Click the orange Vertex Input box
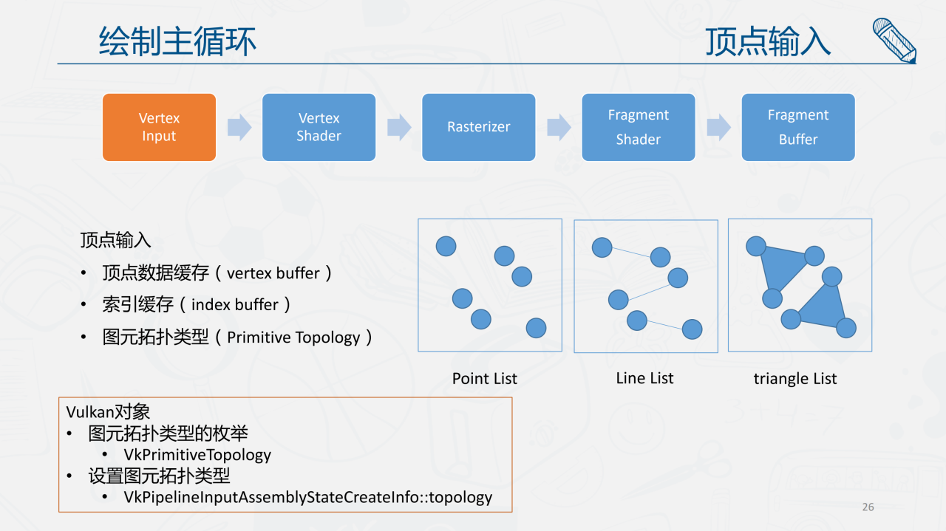(159, 127)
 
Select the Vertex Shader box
(319, 127)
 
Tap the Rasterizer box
(478, 127)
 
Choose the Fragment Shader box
(638, 127)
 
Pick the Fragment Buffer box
(797, 127)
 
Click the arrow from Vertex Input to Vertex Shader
(239, 127)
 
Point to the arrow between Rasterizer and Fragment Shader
(559, 127)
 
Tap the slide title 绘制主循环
(177, 41)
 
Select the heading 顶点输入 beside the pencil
(768, 41)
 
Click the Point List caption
(485, 379)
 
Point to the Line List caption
(644, 378)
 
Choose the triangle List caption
(795, 379)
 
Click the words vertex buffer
(273, 273)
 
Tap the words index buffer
(235, 305)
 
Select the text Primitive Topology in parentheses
(293, 338)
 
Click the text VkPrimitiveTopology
(197, 455)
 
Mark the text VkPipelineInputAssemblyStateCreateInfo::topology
(307, 497)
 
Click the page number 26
(868, 507)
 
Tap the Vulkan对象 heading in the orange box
(108, 412)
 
